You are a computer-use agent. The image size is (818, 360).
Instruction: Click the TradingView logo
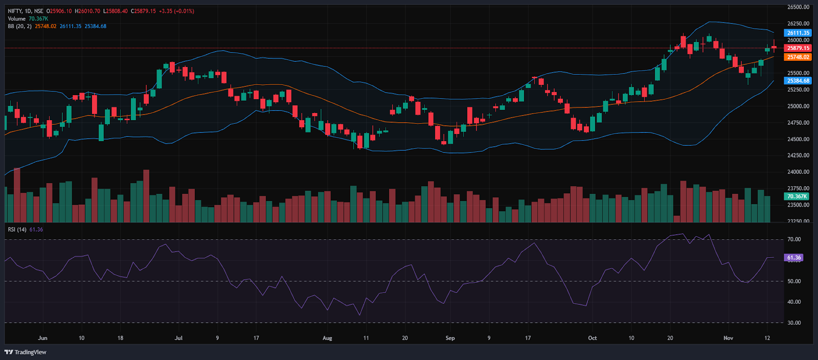click(x=25, y=352)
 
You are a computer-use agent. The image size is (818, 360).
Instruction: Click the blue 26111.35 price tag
click(x=798, y=33)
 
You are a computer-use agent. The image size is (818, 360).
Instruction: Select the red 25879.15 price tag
click(x=798, y=48)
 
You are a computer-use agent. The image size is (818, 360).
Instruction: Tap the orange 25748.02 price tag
click(x=798, y=57)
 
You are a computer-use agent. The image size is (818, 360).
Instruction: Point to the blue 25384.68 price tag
click(x=798, y=81)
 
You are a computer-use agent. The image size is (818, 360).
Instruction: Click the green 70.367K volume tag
click(x=797, y=196)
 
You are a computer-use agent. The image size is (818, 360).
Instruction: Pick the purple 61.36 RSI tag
click(x=793, y=258)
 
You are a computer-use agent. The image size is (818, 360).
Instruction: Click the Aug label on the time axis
click(x=327, y=338)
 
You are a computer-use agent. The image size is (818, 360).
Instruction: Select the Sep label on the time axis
click(x=450, y=338)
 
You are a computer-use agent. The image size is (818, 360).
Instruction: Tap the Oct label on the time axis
click(x=592, y=338)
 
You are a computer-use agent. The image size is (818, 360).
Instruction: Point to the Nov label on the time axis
click(x=728, y=338)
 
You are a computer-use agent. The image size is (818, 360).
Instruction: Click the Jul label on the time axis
click(x=178, y=338)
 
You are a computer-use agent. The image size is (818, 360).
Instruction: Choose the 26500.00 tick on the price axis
click(x=798, y=7)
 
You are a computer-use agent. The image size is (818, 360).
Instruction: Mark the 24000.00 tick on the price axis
click(x=798, y=172)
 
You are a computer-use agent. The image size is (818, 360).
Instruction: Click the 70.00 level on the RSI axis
click(x=794, y=239)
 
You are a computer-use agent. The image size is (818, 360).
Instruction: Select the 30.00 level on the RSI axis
click(x=794, y=323)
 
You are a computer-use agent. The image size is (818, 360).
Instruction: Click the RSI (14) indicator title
click(x=17, y=230)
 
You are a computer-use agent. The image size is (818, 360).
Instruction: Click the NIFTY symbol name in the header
click(x=15, y=11)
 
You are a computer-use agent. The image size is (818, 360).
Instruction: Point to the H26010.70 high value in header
click(x=87, y=11)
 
